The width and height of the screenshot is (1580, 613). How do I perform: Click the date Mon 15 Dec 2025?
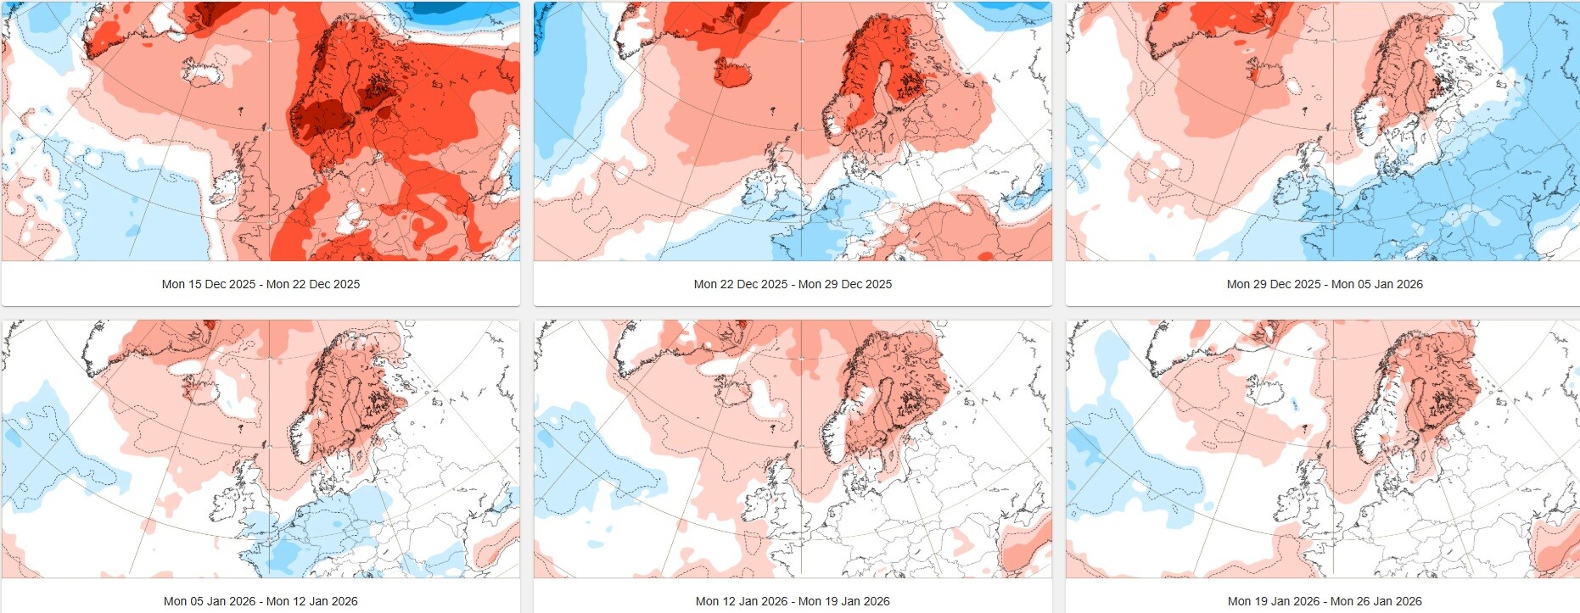(x=209, y=284)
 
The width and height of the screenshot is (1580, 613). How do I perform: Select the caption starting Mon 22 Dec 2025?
(x=793, y=284)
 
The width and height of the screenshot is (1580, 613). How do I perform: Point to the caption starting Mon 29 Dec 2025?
(x=1325, y=284)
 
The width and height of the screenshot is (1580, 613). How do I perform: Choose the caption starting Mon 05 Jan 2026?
(x=261, y=601)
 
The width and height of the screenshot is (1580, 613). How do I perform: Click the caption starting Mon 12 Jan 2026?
(x=793, y=601)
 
